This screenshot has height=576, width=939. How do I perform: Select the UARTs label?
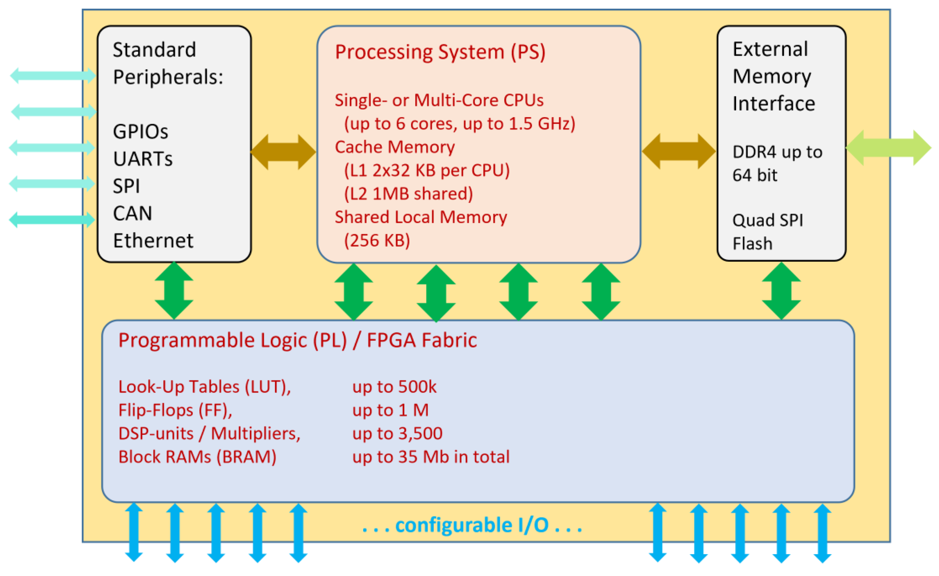tap(142, 159)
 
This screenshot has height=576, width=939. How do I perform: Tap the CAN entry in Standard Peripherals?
tap(132, 213)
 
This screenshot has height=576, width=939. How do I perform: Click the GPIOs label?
tap(140, 132)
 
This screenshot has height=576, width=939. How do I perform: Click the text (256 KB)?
tap(377, 241)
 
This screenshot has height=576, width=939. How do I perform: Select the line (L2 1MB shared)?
tap(408, 194)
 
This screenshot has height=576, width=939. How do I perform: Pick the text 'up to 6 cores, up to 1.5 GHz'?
tap(459, 124)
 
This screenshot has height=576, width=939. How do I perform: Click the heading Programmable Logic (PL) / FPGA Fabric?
tap(297, 340)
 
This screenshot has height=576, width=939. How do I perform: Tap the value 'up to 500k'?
tap(394, 387)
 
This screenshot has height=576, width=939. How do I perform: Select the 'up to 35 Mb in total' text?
tap(431, 457)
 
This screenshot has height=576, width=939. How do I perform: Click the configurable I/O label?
tap(472, 525)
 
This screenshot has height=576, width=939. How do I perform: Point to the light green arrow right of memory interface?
tap(888, 148)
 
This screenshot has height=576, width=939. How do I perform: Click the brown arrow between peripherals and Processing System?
tap(283, 152)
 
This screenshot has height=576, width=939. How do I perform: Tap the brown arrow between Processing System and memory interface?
tap(679, 151)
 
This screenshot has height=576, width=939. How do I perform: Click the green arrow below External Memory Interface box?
tap(781, 291)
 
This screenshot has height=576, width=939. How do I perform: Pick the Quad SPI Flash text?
tap(767, 232)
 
